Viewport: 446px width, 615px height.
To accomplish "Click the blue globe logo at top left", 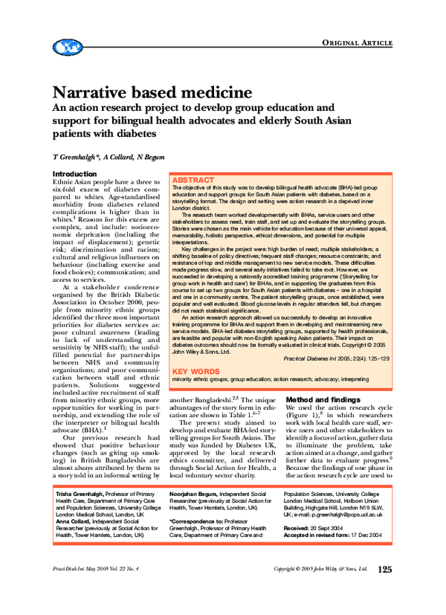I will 69,48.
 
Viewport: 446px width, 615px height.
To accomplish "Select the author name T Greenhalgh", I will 74,158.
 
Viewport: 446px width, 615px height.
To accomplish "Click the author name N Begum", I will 152,158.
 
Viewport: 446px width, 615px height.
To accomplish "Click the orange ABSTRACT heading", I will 193,181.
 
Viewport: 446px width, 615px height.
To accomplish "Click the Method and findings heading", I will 323,399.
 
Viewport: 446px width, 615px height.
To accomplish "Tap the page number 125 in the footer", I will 384,590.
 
